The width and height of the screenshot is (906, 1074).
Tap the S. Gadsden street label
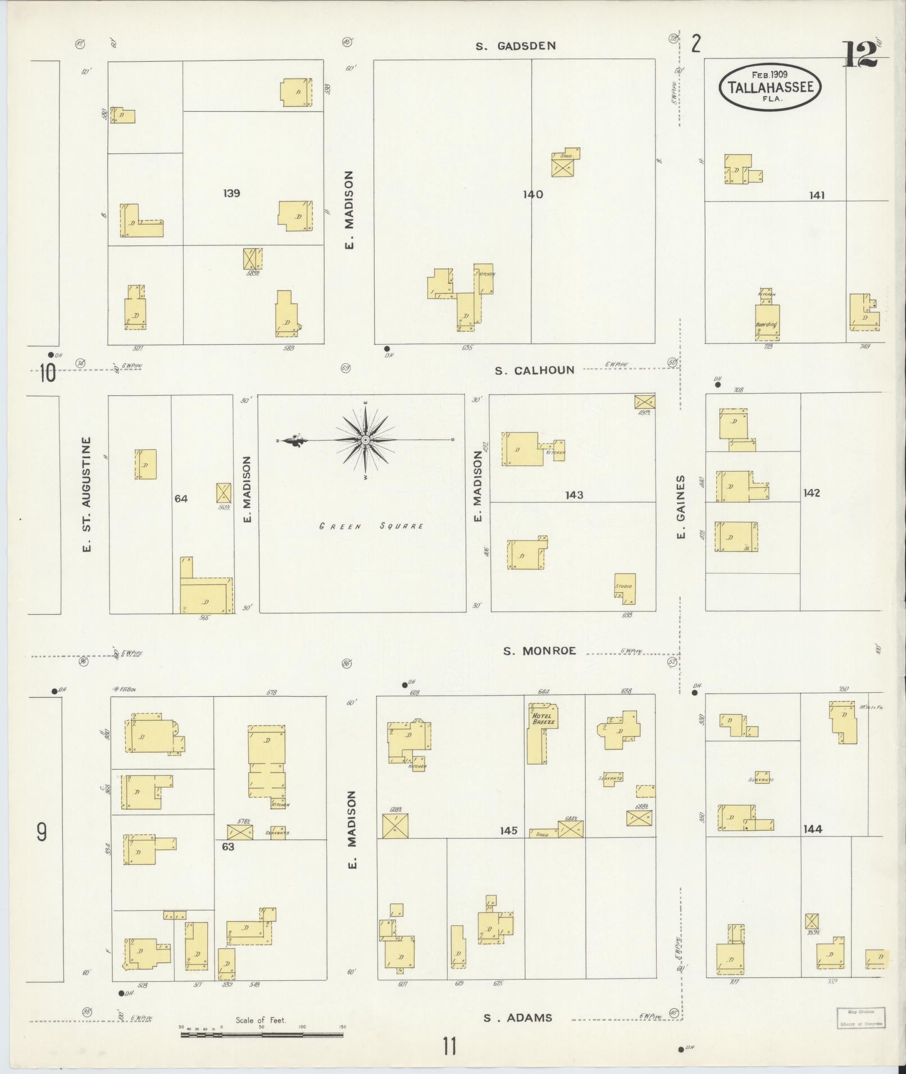(x=516, y=46)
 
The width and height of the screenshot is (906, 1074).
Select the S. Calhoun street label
(x=534, y=371)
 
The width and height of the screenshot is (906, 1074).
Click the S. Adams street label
(x=518, y=1017)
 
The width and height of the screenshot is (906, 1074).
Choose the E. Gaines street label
(x=681, y=508)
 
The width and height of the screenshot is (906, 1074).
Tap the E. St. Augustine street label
(x=86, y=494)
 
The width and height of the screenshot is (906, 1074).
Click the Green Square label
(x=371, y=526)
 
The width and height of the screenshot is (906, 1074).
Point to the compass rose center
(x=365, y=440)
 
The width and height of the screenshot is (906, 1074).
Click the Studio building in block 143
(x=625, y=588)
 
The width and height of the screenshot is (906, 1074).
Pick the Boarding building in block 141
(x=767, y=322)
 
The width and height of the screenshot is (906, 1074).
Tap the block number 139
(x=231, y=193)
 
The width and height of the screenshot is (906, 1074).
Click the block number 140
(x=532, y=194)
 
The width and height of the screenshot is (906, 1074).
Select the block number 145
(x=508, y=830)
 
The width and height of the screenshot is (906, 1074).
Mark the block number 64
(x=181, y=498)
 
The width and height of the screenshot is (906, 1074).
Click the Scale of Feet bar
(x=263, y=1034)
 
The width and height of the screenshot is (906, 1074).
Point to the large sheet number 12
(x=859, y=54)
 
